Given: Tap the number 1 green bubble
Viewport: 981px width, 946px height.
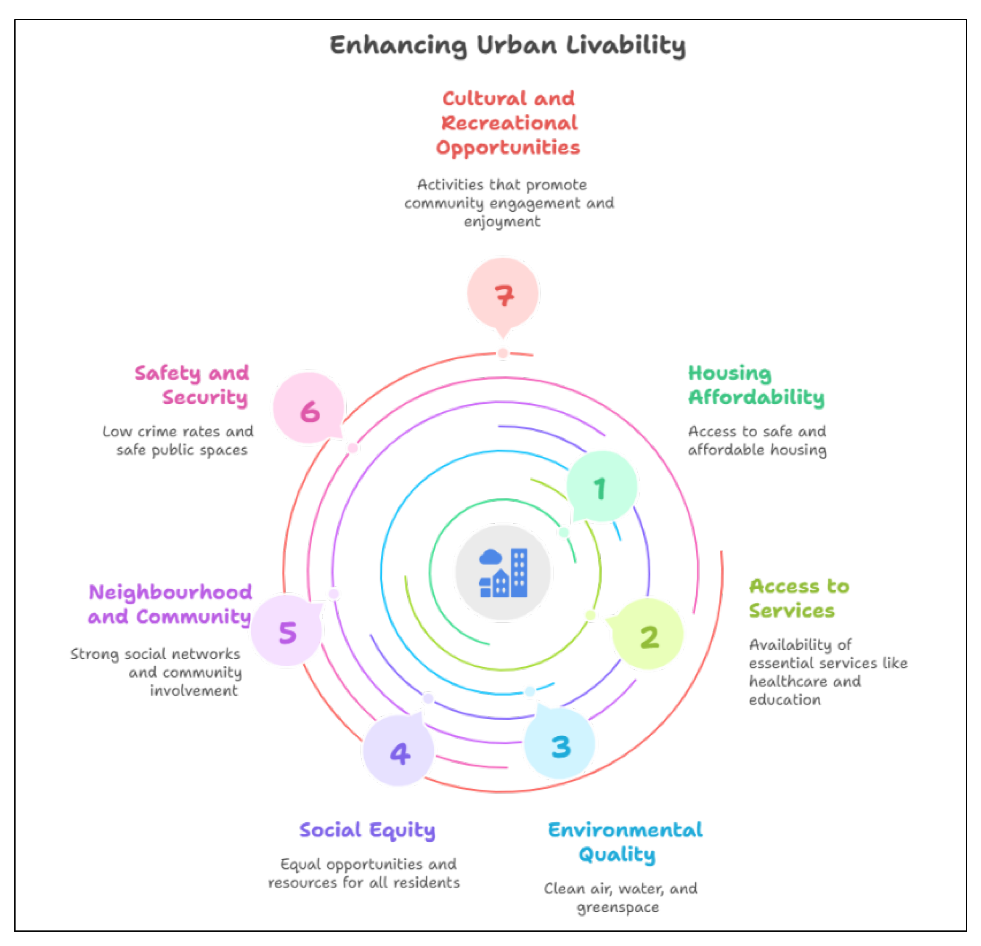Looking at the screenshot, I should click(x=602, y=487).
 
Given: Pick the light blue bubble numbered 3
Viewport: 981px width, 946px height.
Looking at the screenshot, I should click(x=559, y=745).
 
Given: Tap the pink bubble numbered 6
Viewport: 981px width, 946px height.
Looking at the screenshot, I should click(x=309, y=409).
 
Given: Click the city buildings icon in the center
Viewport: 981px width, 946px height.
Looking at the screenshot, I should click(x=503, y=573).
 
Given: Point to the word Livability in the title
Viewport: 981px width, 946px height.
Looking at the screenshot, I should click(x=626, y=45).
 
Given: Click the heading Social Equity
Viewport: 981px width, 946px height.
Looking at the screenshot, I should click(x=367, y=830).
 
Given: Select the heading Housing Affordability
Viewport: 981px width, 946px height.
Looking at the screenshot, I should click(x=756, y=385).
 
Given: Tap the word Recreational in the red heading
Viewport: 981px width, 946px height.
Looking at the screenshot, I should click(x=509, y=123).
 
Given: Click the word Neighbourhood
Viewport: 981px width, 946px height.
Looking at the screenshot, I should click(x=171, y=593).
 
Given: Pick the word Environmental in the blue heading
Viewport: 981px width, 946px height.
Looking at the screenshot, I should click(x=625, y=830).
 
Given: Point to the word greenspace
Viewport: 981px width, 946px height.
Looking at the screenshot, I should click(x=618, y=907).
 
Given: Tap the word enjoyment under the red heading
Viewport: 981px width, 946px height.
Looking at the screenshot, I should click(x=502, y=222).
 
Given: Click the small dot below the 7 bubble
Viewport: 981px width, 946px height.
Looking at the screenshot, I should click(x=503, y=353).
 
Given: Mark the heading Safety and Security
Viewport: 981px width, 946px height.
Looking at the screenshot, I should click(x=192, y=385).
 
